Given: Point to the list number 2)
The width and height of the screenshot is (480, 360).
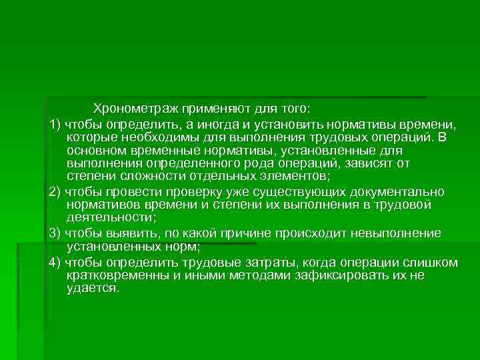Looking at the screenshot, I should (x=55, y=192).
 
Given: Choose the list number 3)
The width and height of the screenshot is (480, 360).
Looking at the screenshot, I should (x=55, y=233).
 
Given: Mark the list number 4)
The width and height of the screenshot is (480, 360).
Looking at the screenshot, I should (x=55, y=263).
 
